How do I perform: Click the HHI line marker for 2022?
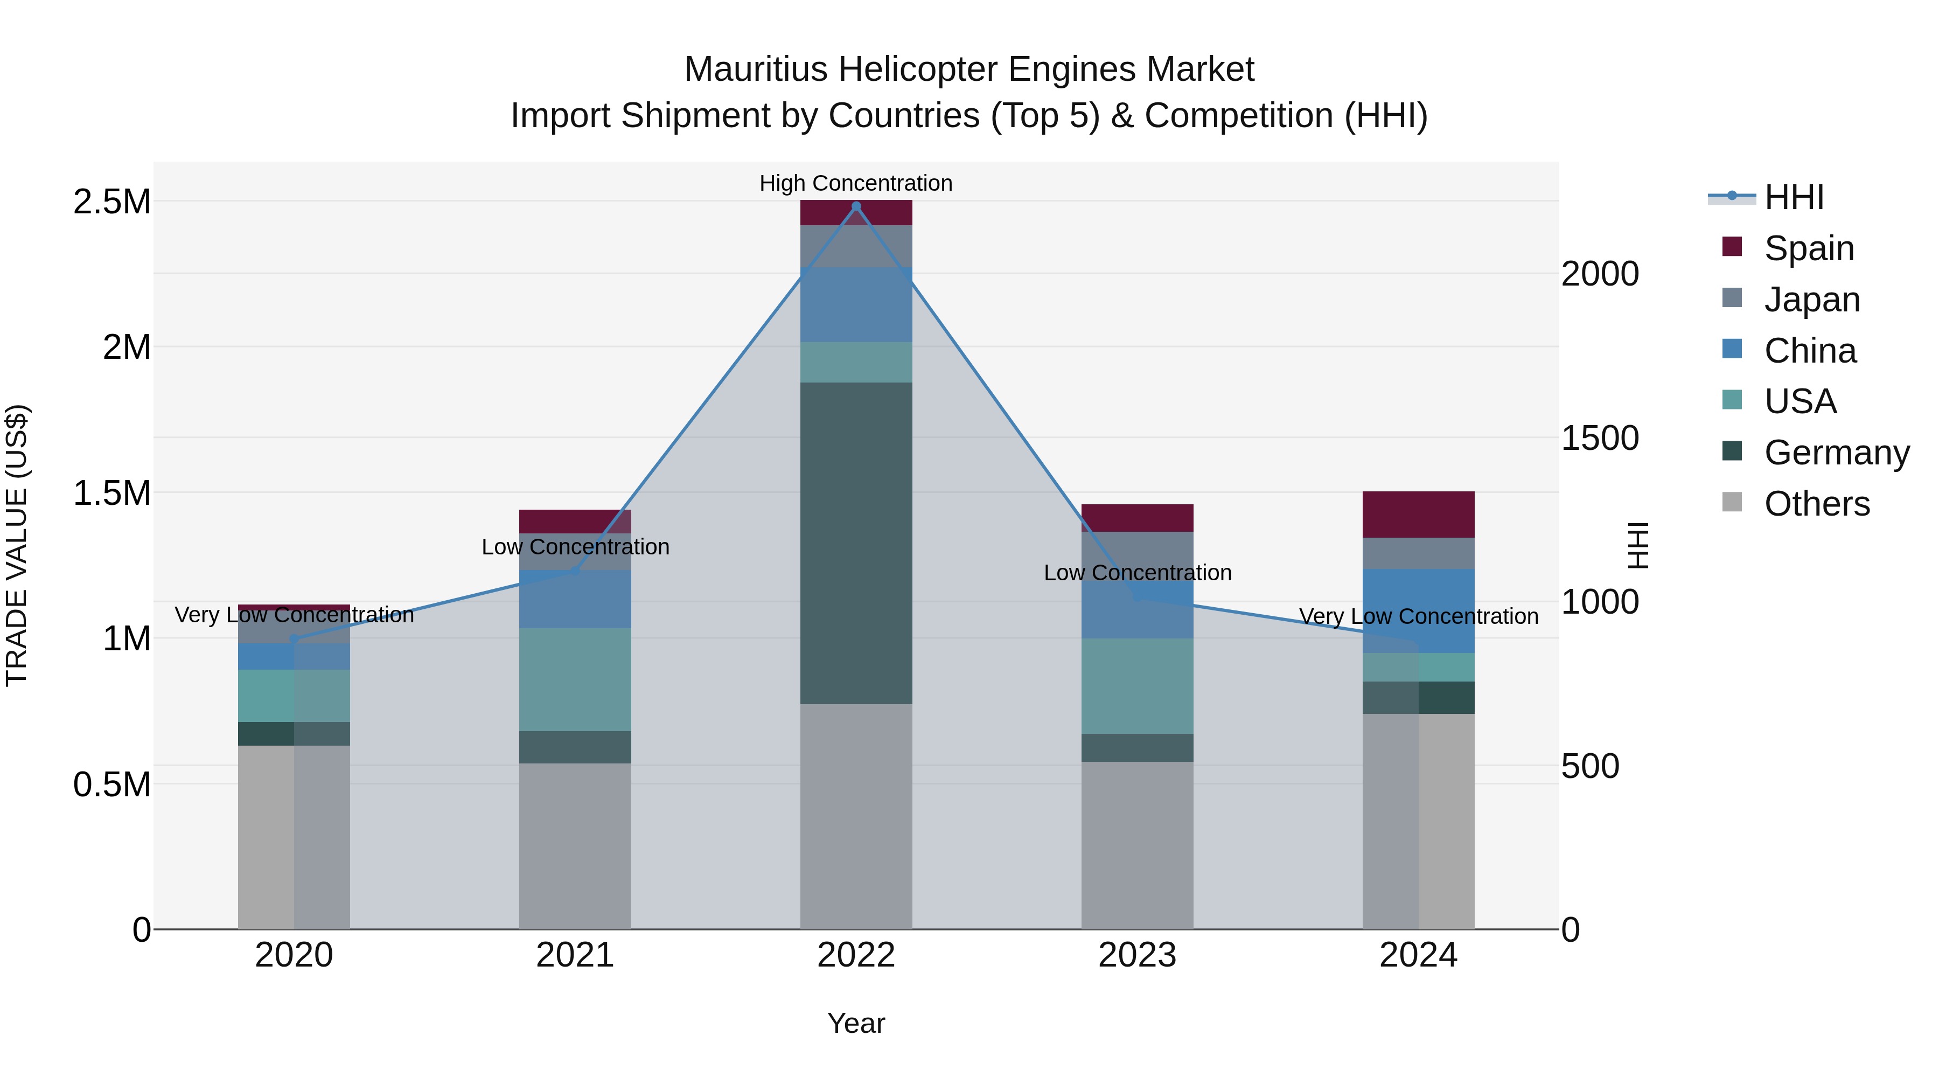click(x=856, y=206)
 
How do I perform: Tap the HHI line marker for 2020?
click(x=294, y=638)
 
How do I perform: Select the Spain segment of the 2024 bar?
click(x=1418, y=515)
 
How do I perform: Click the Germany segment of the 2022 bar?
click(x=856, y=543)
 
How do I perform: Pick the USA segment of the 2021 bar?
click(x=575, y=679)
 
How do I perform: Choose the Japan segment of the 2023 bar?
click(x=1138, y=555)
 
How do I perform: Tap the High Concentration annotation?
click(x=856, y=183)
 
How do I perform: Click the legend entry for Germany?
click(x=1837, y=453)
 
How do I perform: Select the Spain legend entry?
click(x=1809, y=248)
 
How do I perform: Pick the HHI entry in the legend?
click(x=1794, y=197)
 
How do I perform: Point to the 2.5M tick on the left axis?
click(x=111, y=202)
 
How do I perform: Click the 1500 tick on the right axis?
click(x=1600, y=437)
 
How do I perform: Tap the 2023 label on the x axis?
click(x=1138, y=955)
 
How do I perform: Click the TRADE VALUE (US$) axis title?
click(x=17, y=545)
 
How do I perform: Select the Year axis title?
click(x=856, y=1023)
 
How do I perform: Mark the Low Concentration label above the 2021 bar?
click(x=575, y=547)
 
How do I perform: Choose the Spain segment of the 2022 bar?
click(x=856, y=213)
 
